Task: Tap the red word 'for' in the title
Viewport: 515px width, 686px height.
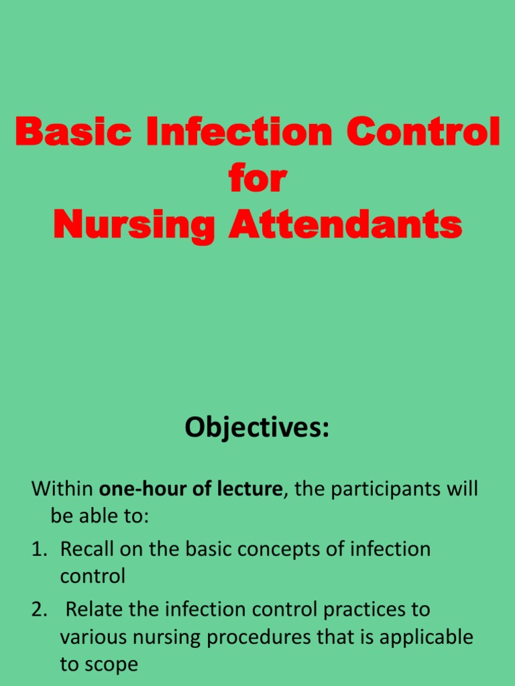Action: coord(257,179)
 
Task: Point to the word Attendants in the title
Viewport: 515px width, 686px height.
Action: coord(345,225)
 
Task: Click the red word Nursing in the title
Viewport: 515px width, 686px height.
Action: coord(133,225)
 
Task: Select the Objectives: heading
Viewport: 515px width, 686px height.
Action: coord(257,427)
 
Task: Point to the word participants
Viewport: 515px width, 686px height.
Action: coord(381,488)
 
